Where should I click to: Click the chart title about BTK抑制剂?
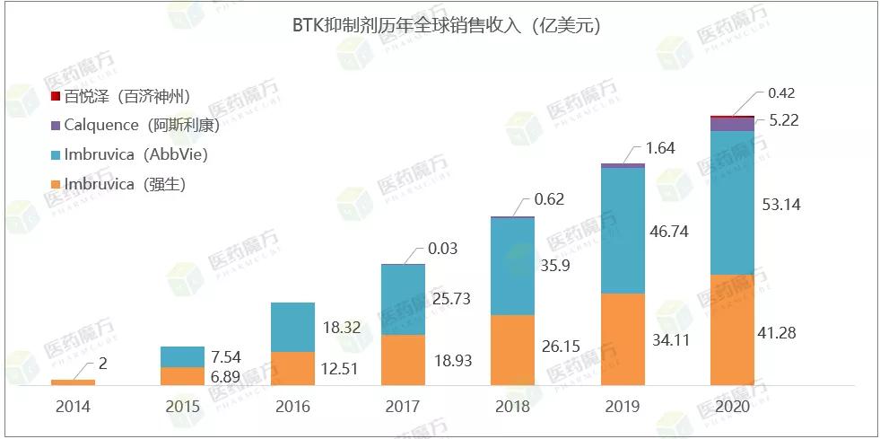pyautogui.click(x=440, y=26)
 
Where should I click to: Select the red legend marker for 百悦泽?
pyautogui.click(x=56, y=96)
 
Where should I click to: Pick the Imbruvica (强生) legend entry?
pyautogui.click(x=125, y=185)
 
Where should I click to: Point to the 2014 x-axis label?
pyautogui.click(x=73, y=407)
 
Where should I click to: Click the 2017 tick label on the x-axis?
pyautogui.click(x=402, y=407)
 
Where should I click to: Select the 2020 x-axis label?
pyautogui.click(x=732, y=407)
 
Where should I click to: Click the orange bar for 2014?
pyautogui.click(x=73, y=382)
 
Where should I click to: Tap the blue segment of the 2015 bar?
pyautogui.click(x=182, y=356)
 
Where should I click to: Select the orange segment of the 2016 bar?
pyautogui.click(x=292, y=368)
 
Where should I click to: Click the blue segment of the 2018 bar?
pyautogui.click(x=512, y=266)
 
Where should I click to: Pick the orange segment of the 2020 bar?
pyautogui.click(x=732, y=330)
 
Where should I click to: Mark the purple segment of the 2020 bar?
pyautogui.click(x=732, y=125)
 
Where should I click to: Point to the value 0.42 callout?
pyautogui.click(x=782, y=93)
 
